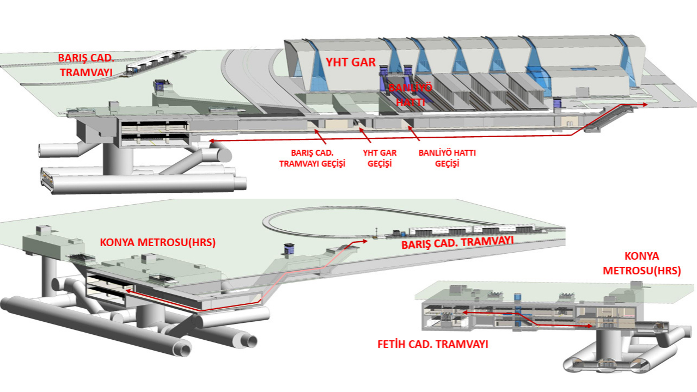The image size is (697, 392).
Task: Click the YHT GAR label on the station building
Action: click(x=351, y=62)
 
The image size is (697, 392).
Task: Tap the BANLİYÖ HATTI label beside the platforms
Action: click(x=411, y=95)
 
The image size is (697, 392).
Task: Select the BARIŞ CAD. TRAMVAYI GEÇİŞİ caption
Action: click(x=312, y=158)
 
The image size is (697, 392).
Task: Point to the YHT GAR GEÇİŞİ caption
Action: click(x=380, y=158)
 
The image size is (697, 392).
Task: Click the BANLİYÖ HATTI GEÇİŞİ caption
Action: click(x=447, y=158)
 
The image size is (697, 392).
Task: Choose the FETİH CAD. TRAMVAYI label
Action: click(x=433, y=344)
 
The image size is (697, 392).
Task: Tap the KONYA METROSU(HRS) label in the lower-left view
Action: click(x=158, y=242)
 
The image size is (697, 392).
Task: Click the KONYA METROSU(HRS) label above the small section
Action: click(x=642, y=263)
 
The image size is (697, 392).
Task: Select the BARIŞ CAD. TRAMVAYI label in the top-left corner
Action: click(x=86, y=65)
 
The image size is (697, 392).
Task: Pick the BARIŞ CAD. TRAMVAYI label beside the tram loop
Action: click(x=457, y=243)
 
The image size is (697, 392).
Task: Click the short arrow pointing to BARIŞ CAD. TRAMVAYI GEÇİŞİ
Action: click(x=321, y=137)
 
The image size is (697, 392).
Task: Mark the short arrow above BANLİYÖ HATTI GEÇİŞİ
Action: click(x=414, y=134)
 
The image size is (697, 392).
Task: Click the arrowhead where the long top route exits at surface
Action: click(x=644, y=105)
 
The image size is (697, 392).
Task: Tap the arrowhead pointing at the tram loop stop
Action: click(x=364, y=241)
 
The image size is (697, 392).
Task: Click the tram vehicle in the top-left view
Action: click(x=156, y=63)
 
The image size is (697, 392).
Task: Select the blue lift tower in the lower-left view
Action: click(x=289, y=250)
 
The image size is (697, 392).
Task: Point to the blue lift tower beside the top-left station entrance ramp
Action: click(x=160, y=85)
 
